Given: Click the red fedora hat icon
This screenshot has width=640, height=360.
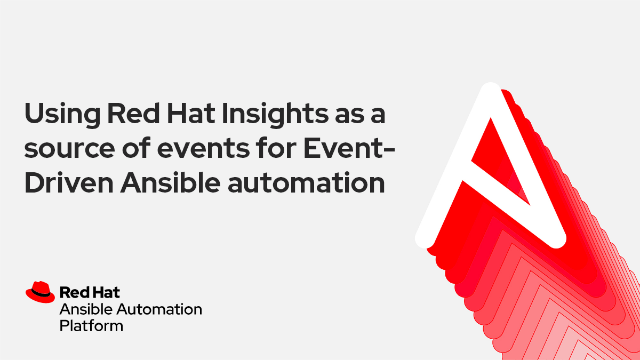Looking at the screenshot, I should tap(40, 291).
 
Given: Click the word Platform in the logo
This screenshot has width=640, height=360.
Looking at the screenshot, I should tap(91, 325).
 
